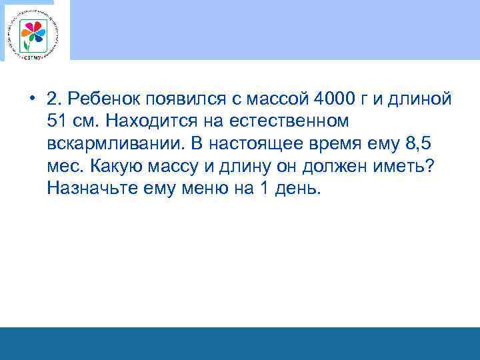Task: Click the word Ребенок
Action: coord(107,99)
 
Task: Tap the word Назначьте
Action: coord(93,190)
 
